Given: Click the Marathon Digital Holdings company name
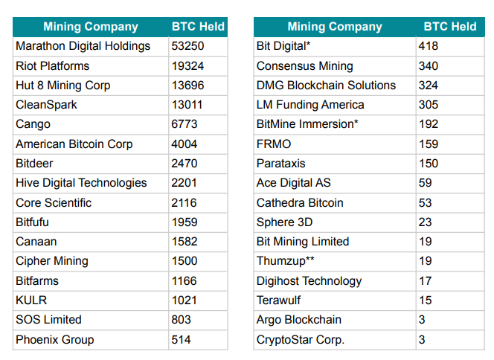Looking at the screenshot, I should [x=83, y=46].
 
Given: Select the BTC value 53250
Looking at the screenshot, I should [x=187, y=46].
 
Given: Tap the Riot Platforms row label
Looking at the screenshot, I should [x=52, y=66].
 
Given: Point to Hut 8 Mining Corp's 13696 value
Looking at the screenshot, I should [x=187, y=86].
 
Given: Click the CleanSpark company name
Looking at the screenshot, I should [x=46, y=105].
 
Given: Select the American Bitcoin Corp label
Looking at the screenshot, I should [x=74, y=144].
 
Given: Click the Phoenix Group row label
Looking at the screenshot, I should [x=54, y=340].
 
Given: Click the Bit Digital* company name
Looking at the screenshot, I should [x=283, y=46].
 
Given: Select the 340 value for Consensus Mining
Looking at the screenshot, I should [x=429, y=66].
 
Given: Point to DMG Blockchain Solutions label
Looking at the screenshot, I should [x=326, y=86].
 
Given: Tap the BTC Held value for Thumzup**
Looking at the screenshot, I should [x=426, y=261].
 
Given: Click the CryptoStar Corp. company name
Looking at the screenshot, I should [x=301, y=340].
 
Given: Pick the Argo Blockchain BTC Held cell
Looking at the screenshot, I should [x=422, y=320].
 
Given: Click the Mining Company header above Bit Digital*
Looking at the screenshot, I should [x=335, y=27].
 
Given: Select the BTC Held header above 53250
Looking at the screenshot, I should [x=198, y=27].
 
